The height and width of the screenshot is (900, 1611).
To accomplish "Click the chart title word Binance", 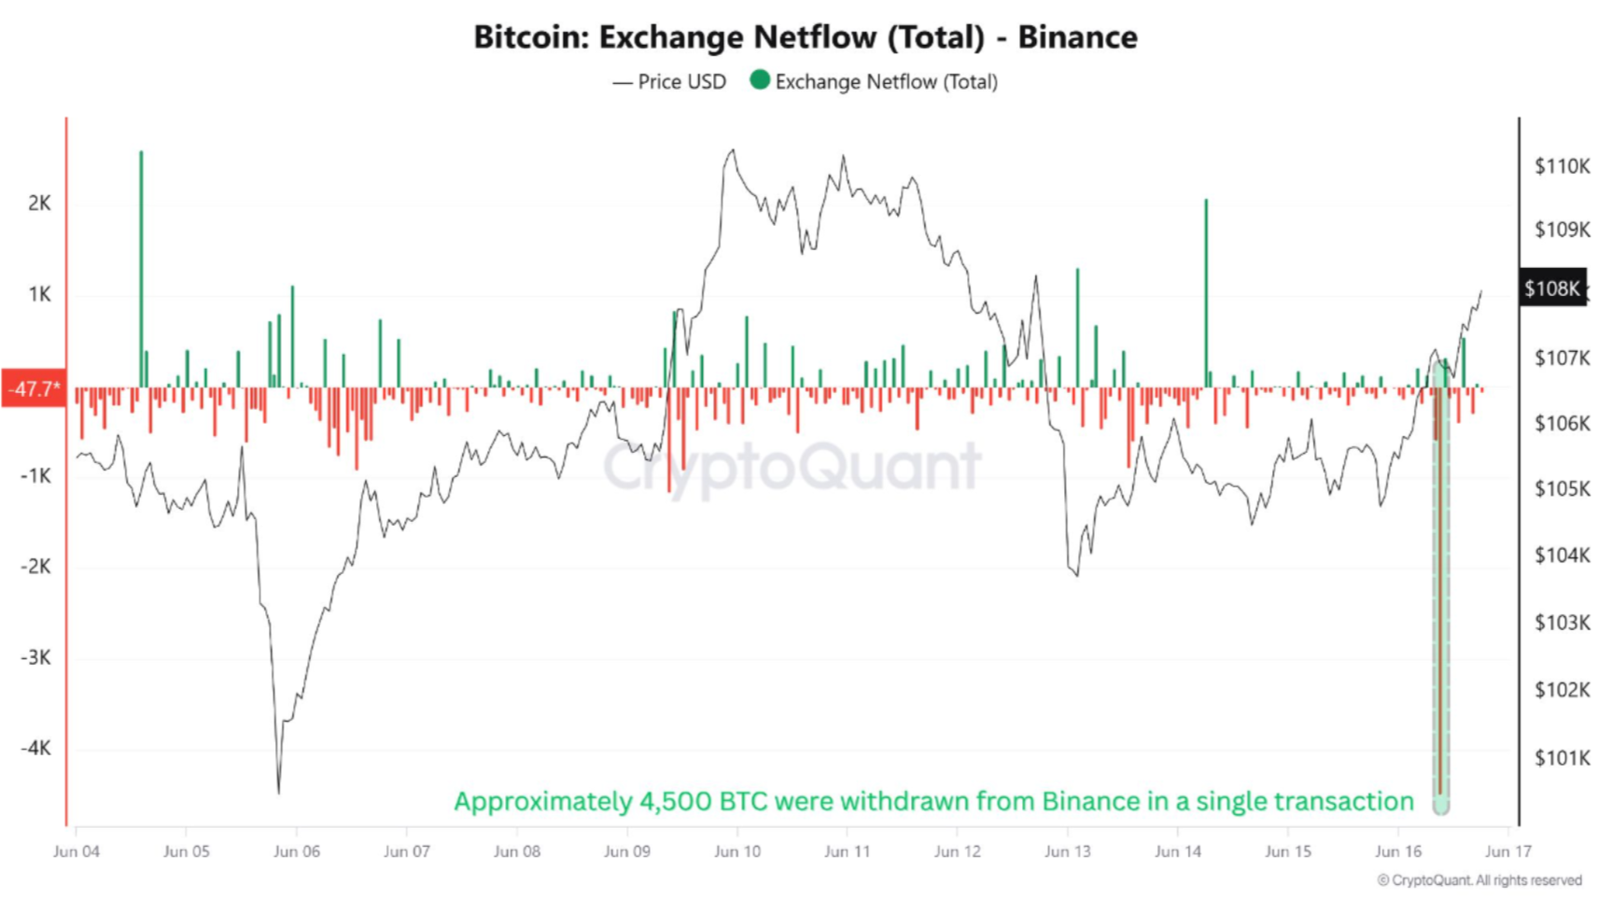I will [x=1077, y=37].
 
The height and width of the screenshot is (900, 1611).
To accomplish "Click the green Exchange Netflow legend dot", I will [x=760, y=80].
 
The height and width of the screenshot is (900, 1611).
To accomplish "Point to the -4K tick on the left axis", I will [x=35, y=748].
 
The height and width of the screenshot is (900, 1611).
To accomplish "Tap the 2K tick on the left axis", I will [x=39, y=204].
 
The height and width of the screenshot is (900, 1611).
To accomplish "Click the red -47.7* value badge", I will [x=34, y=388].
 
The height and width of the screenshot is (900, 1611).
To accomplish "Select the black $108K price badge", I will [x=1551, y=288].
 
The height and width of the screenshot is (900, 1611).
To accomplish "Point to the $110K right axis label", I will [x=1561, y=166].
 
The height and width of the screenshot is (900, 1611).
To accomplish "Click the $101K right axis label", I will [x=1561, y=758].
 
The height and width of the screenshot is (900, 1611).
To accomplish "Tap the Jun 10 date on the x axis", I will [x=737, y=851].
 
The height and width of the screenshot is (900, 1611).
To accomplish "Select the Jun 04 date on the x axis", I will [x=77, y=851].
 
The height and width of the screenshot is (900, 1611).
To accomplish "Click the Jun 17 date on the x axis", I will [x=1507, y=851].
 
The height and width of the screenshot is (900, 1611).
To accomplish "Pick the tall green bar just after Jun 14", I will [x=1206, y=289].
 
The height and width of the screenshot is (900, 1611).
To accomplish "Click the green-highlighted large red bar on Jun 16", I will [x=1440, y=598].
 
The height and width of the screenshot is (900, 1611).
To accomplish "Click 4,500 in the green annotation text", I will [x=675, y=802].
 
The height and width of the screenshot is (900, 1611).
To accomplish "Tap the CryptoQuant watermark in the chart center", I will [x=791, y=467].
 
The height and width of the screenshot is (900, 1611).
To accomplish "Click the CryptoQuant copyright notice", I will [x=1479, y=880].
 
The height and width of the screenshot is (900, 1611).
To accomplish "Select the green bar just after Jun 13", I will [x=1077, y=327].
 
